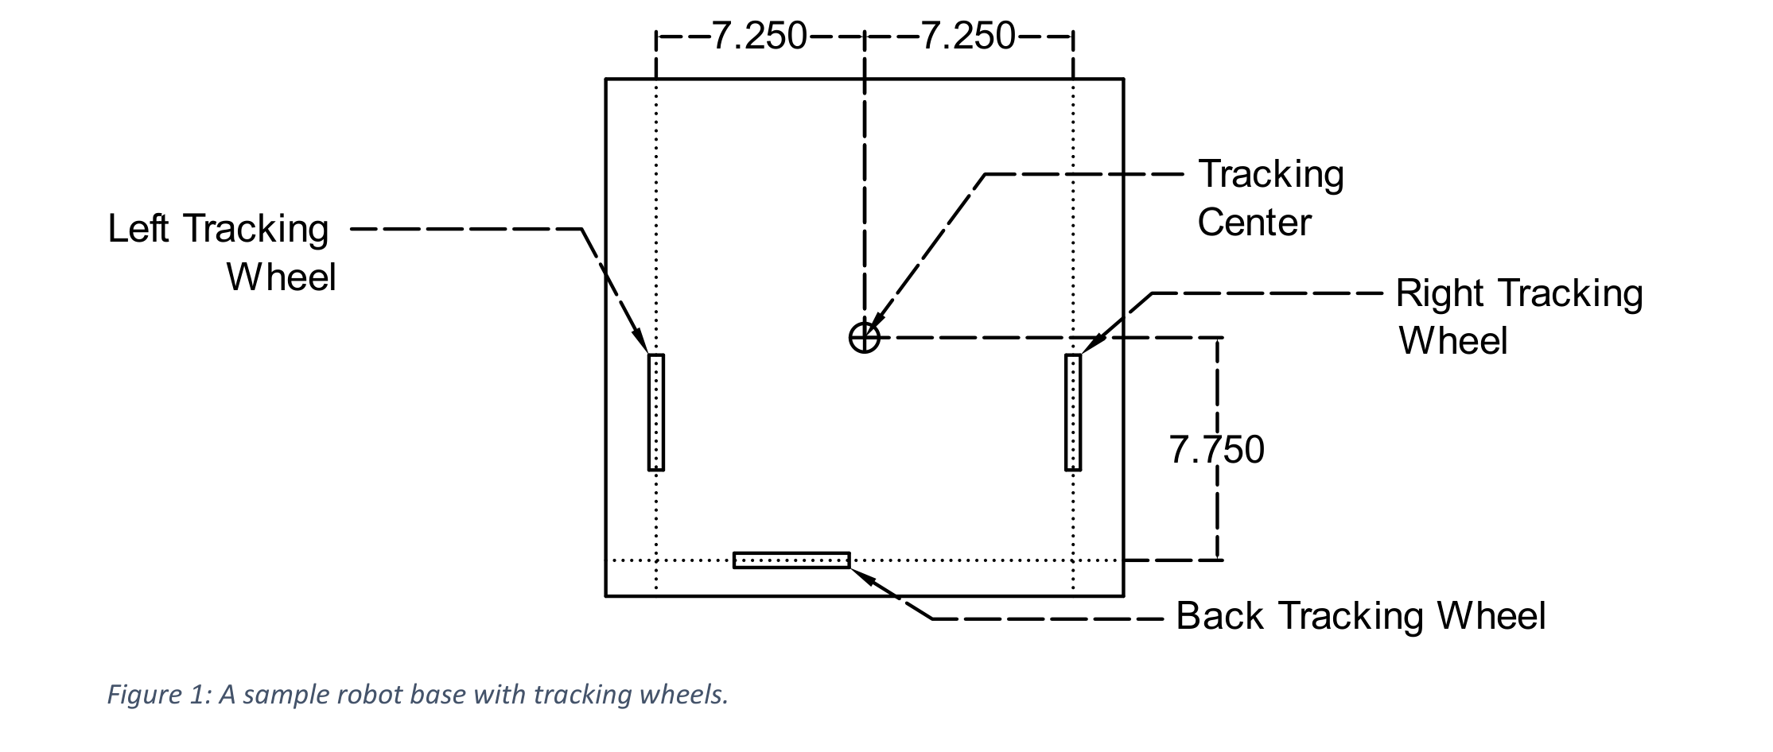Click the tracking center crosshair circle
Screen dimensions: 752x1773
[x=864, y=338]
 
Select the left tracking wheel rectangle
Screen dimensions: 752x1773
[x=656, y=413]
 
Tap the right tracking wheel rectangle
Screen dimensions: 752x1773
[x=1073, y=413]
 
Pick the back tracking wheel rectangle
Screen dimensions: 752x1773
[x=791, y=560]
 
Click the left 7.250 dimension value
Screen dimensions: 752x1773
[x=760, y=37]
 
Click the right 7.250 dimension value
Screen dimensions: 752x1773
[x=968, y=37]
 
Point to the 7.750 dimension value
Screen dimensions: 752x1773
[x=1216, y=450]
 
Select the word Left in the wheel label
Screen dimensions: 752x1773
[x=138, y=229]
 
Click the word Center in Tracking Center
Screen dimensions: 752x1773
[x=1254, y=223]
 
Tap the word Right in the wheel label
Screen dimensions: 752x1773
[x=1441, y=294]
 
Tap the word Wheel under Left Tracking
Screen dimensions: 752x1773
[x=282, y=277]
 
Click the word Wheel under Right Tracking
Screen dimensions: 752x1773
[x=1453, y=342]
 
